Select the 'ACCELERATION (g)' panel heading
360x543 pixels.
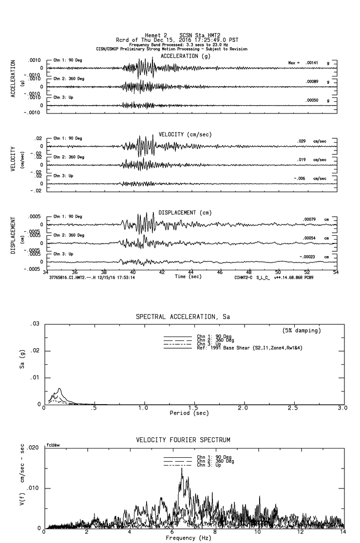click(x=186, y=56)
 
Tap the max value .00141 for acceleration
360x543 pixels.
click(x=311, y=63)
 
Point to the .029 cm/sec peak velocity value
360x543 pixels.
click(x=302, y=141)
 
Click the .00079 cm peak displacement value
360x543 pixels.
click(x=309, y=219)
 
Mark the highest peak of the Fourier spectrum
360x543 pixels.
click(x=181, y=468)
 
